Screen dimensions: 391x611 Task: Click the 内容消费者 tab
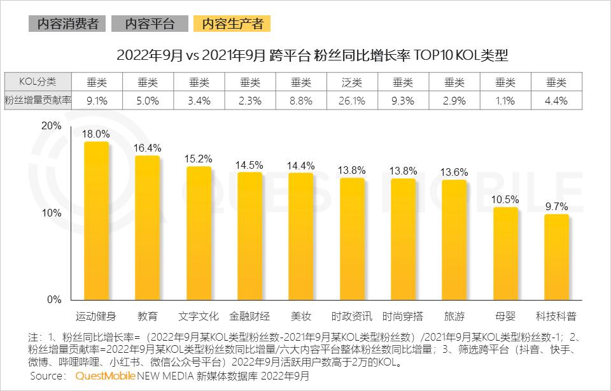[67, 24]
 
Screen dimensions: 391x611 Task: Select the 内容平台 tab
[150, 24]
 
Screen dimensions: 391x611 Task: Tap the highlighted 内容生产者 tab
[232, 24]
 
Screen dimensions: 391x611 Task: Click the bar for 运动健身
[97, 220]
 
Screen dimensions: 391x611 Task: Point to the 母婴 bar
[506, 253]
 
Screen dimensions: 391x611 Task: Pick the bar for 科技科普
[556, 257]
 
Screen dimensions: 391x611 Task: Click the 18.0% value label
[97, 134]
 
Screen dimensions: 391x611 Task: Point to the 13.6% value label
[454, 172]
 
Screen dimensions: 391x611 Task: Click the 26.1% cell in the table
[352, 101]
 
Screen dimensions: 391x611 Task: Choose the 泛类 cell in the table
[352, 82]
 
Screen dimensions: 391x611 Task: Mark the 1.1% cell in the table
[505, 101]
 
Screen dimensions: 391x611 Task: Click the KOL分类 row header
[37, 82]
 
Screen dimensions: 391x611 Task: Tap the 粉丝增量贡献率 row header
[37, 101]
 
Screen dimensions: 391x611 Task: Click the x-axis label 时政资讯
[352, 316]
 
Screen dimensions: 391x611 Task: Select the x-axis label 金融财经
[250, 316]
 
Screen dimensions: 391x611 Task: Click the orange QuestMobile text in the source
[105, 376]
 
